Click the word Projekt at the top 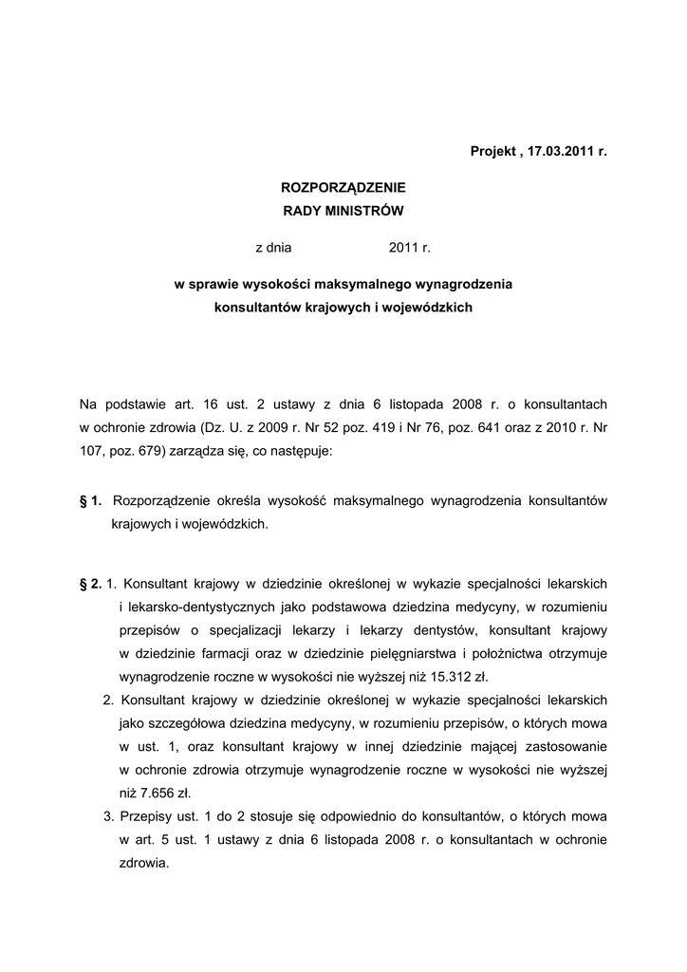coord(493,152)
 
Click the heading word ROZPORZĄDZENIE coord(343,188)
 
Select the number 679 coord(150,451)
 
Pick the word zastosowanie coord(567,746)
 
